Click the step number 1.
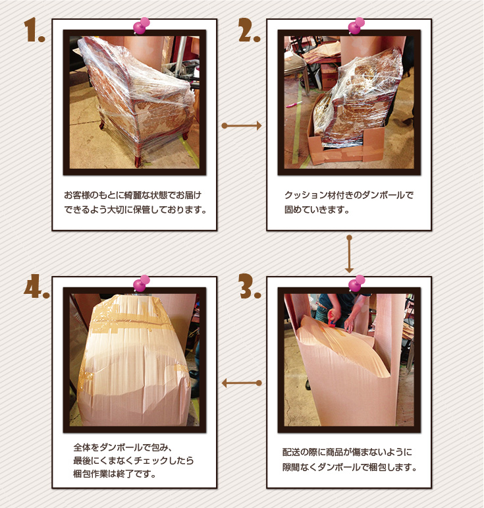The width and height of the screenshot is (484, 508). (x=34, y=31)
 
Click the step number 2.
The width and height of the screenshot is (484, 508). (x=248, y=31)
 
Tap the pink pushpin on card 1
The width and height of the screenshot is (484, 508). (x=141, y=26)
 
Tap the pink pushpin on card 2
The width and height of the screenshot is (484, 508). (x=356, y=26)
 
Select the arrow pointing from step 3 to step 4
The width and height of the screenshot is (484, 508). (x=242, y=383)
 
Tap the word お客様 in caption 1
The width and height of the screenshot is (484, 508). (x=78, y=196)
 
